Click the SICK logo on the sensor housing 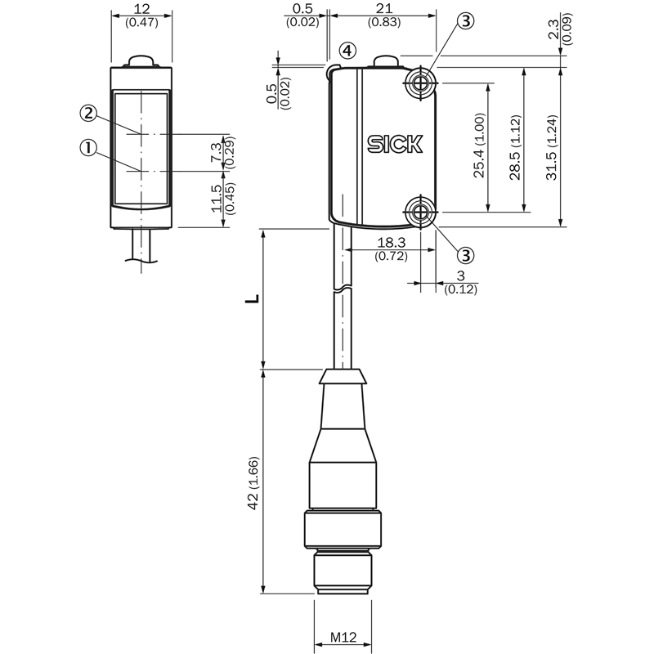click(x=395, y=144)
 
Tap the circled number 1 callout click(x=88, y=148)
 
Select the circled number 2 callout click(x=88, y=113)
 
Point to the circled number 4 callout click(x=347, y=51)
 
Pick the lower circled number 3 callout click(x=466, y=255)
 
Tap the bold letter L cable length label click(x=253, y=298)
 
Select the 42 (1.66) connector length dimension click(x=253, y=483)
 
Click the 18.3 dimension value click(x=392, y=242)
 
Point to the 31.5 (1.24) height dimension click(x=552, y=147)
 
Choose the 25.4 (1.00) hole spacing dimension click(x=480, y=146)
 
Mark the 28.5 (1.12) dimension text click(x=516, y=147)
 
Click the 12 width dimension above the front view click(x=141, y=9)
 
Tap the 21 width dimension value click(x=384, y=8)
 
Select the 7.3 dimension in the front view click(x=217, y=152)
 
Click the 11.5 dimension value click(x=217, y=199)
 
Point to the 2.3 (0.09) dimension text click(x=560, y=29)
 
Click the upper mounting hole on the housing click(x=421, y=83)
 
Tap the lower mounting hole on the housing click(x=421, y=213)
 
